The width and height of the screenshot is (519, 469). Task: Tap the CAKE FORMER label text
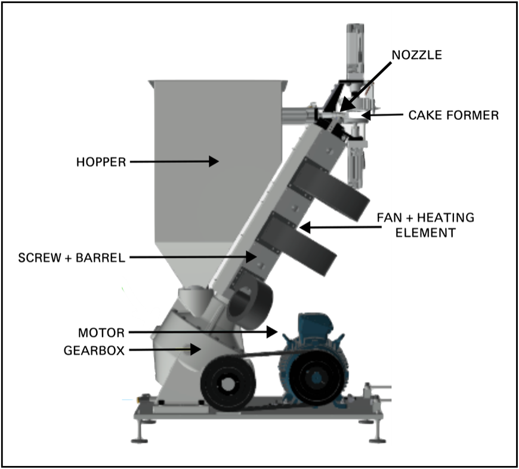tap(453, 115)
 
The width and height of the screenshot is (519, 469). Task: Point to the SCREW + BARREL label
tap(71, 258)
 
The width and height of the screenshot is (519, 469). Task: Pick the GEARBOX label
tap(94, 350)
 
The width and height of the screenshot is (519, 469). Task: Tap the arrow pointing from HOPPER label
tap(173, 161)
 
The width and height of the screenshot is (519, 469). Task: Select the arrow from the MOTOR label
tap(203, 332)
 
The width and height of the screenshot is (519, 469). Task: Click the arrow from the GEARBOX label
tap(164, 350)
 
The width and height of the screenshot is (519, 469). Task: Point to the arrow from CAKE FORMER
tap(382, 115)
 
